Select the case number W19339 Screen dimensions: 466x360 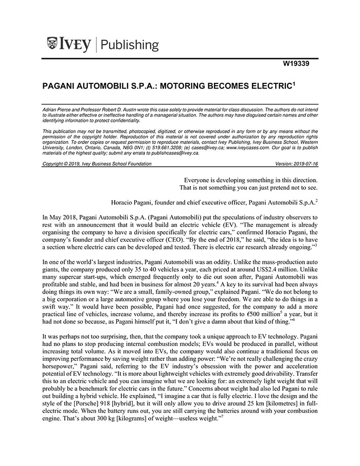tap(300, 65)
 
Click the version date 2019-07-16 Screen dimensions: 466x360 tap(302, 164)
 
